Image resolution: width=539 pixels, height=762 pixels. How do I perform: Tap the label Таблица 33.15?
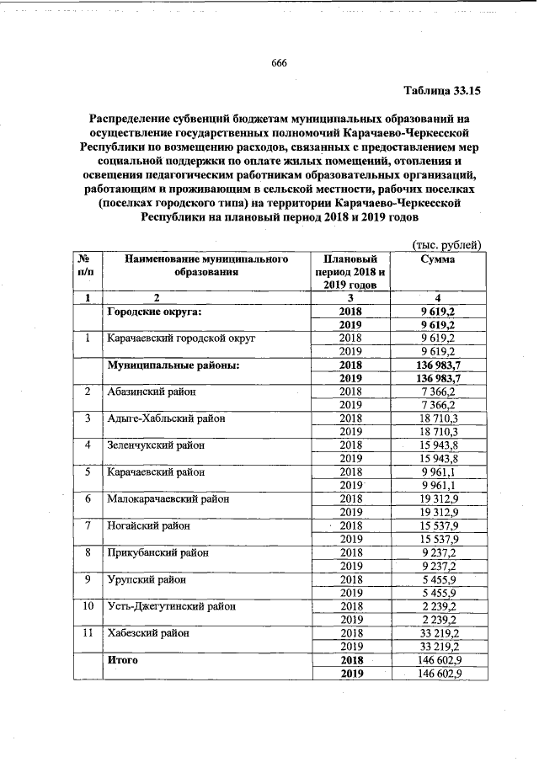coord(442,90)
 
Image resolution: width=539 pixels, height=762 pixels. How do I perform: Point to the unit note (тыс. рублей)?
coord(445,245)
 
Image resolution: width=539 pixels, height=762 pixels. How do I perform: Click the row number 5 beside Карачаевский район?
coord(88,472)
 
